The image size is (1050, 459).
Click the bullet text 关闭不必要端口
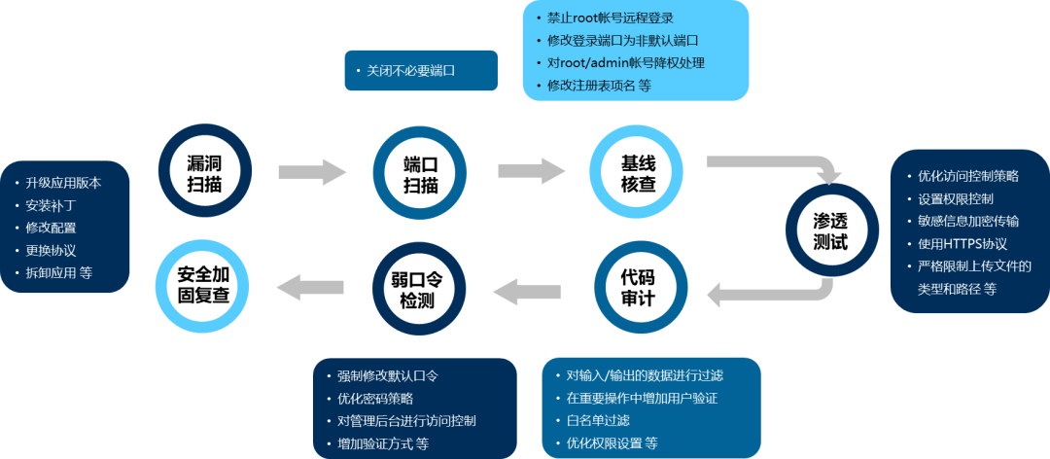point(411,71)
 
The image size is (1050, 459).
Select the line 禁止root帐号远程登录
point(611,18)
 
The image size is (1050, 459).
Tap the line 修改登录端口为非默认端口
point(622,41)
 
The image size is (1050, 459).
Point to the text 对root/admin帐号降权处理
point(625,63)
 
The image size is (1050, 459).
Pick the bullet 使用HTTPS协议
point(961,244)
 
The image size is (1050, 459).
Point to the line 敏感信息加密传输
point(968,221)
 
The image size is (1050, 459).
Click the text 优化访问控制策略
point(968,176)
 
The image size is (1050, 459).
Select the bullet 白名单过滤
point(598,420)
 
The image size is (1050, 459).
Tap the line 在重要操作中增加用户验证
point(642,398)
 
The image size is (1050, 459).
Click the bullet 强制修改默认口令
point(389,375)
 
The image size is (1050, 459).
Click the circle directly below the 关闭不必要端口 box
point(418,170)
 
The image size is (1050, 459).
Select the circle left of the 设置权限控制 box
point(832,230)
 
